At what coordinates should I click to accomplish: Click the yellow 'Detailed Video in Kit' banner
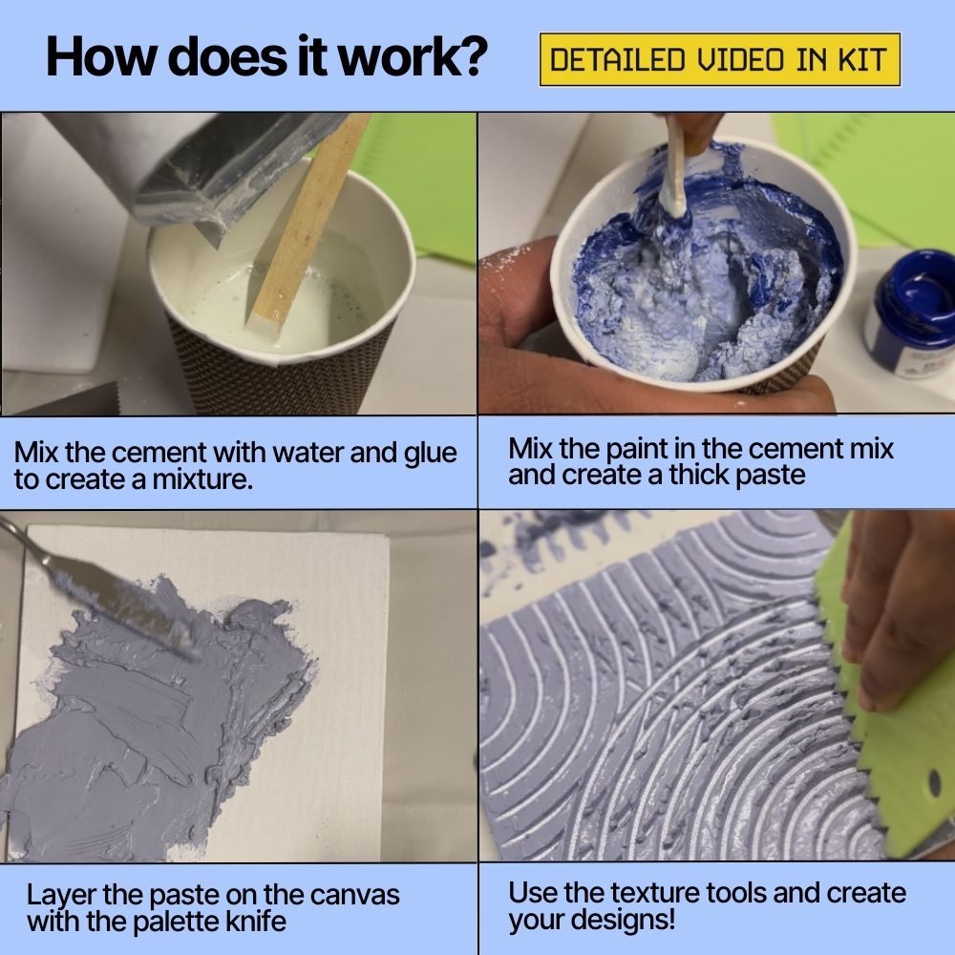[720, 61]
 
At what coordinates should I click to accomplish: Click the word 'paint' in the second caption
[659, 448]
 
